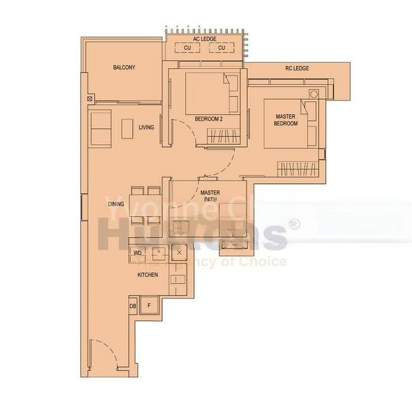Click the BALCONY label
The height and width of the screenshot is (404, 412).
tap(124, 67)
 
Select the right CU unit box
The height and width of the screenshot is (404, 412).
tap(221, 48)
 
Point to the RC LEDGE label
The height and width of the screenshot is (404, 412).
tap(297, 69)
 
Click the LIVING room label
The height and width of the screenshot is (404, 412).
tap(146, 127)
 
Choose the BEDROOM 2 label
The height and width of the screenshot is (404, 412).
tap(209, 119)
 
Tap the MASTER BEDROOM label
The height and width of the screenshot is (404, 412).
tap(286, 121)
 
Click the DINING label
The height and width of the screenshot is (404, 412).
tap(115, 204)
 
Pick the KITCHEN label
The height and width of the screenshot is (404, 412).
tap(147, 275)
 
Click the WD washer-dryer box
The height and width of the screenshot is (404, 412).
tap(137, 253)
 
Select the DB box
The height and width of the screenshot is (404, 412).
tap(132, 306)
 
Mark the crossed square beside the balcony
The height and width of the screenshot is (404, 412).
tap(90, 99)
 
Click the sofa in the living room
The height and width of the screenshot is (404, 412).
tap(101, 128)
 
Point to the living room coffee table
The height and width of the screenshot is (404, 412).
tap(127, 128)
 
